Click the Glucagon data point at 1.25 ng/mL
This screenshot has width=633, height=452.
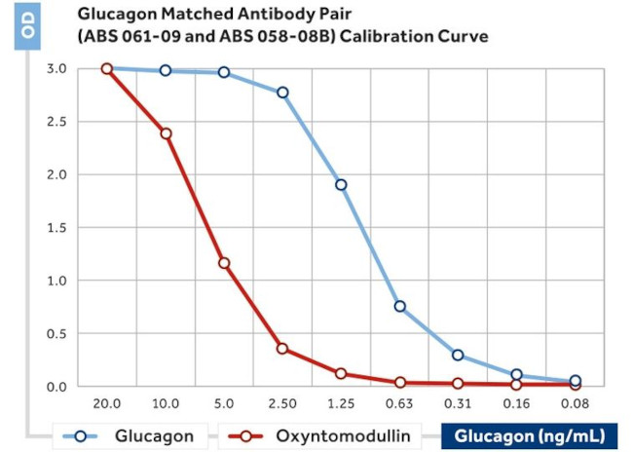tap(341, 185)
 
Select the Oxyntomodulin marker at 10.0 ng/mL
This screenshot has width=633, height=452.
tap(166, 133)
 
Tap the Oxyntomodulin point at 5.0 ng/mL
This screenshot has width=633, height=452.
tap(224, 263)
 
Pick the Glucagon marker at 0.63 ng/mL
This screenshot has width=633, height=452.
tap(399, 307)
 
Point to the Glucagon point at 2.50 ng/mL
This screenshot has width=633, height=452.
tap(282, 93)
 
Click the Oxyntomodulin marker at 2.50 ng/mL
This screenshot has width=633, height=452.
tap(282, 349)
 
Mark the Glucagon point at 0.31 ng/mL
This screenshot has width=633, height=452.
tap(458, 355)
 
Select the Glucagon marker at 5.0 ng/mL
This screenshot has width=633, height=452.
tap(224, 72)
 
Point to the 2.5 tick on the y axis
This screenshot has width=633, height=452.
tap(57, 122)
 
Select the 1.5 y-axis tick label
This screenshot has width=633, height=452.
tap(57, 228)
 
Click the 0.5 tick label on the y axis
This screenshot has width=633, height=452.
tap(57, 334)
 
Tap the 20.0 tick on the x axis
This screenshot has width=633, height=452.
tap(106, 403)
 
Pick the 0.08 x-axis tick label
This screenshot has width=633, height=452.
tap(575, 403)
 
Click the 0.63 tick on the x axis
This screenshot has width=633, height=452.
tap(399, 403)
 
